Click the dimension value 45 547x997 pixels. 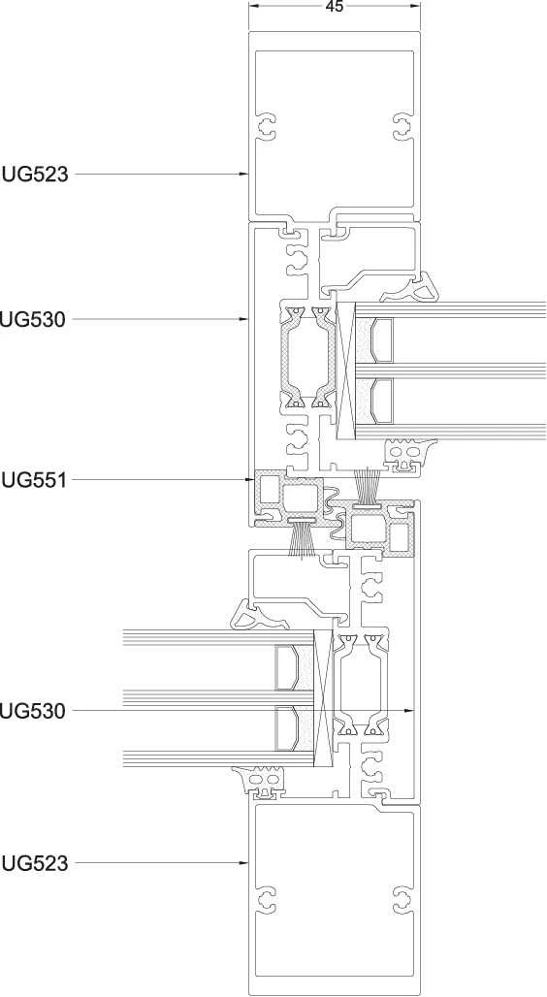point(334,7)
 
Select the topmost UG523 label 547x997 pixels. point(35,174)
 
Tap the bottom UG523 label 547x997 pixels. point(35,863)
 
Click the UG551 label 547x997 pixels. point(34,479)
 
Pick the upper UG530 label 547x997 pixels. point(33,319)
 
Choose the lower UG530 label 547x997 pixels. point(33,710)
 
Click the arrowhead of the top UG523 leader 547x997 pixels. point(244,174)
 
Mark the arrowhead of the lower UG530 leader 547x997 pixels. point(410,710)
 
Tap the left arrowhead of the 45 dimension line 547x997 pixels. point(252,7)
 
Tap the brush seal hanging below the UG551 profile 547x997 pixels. point(303,538)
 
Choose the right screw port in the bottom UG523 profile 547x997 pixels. point(402,899)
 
